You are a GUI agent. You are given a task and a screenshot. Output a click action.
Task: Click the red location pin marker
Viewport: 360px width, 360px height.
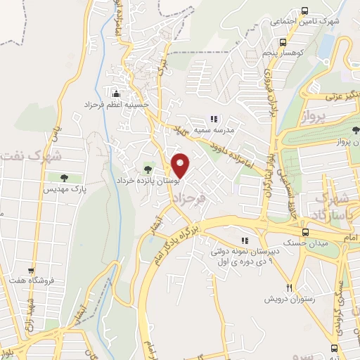point(181,165)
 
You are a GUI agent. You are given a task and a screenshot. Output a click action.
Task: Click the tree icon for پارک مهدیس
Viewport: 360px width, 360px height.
point(64,178)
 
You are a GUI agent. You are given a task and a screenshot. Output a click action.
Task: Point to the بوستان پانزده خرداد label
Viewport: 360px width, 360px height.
point(148,179)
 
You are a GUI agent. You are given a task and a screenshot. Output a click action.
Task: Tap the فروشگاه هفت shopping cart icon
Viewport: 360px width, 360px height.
point(31,270)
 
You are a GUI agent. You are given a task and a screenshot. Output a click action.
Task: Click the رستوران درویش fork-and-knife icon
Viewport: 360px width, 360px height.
point(289,287)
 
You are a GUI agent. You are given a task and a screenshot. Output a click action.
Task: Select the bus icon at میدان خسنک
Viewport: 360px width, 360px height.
point(304,232)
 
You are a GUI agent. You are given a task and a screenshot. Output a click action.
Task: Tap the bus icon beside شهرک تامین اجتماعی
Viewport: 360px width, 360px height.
point(304,10)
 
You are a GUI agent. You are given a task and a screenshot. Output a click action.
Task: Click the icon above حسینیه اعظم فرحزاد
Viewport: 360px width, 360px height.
point(115,93)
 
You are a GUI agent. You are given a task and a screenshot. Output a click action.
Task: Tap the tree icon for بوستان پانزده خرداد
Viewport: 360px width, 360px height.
point(147,167)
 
